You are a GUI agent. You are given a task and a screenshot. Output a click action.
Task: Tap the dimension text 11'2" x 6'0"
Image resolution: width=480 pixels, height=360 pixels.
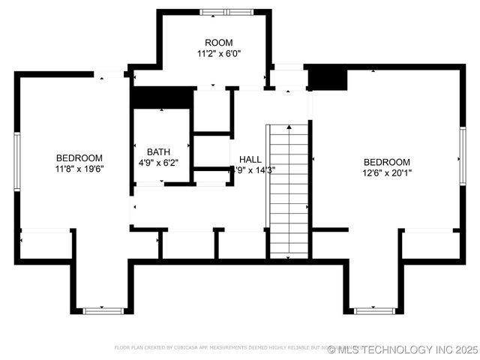(218, 54)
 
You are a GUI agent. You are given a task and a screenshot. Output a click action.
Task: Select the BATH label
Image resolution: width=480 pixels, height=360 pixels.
(158, 151)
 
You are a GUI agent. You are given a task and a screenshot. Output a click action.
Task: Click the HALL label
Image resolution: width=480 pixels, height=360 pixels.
(250, 160)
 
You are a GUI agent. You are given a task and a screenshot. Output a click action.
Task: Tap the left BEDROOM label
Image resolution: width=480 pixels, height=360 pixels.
(79, 157)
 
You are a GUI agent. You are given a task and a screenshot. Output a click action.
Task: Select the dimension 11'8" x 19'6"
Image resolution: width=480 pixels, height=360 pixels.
(79, 169)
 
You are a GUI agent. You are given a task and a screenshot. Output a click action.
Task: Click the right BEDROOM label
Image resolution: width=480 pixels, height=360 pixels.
(387, 162)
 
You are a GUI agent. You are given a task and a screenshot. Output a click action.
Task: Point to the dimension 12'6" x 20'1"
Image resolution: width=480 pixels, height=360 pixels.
(387, 173)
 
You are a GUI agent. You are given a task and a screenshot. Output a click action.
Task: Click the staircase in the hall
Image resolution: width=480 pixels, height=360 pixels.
(289, 190)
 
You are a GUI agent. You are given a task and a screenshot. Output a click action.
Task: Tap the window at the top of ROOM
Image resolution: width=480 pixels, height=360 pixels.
(226, 11)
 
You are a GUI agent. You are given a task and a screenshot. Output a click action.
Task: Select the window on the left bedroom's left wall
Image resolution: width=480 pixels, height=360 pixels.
(16, 161)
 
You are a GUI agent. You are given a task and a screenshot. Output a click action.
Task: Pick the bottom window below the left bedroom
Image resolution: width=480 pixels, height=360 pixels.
(103, 310)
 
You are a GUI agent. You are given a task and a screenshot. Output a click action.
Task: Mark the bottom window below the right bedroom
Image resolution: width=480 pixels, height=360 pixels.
(374, 310)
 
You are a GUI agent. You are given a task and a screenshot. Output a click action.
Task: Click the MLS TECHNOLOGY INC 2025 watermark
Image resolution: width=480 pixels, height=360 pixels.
(402, 349)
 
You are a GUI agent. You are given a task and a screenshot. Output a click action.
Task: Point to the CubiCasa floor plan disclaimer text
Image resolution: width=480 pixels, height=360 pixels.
(225, 348)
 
